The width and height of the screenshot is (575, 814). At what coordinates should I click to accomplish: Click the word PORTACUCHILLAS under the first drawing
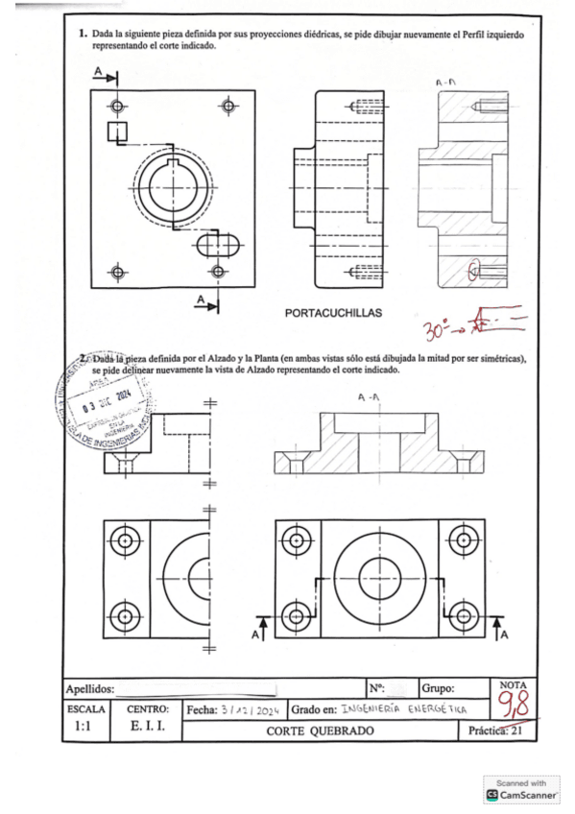333,313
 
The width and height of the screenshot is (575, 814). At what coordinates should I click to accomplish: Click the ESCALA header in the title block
84,708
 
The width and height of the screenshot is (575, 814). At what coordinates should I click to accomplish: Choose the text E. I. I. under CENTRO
147,729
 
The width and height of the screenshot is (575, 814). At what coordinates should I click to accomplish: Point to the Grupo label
443,688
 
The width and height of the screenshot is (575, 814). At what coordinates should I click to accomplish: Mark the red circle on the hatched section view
472,272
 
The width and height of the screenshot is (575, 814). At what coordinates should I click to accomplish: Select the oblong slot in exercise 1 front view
220,245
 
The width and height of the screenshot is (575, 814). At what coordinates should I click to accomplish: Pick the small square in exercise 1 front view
117,132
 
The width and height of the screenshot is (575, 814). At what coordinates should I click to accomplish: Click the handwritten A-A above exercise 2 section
367,395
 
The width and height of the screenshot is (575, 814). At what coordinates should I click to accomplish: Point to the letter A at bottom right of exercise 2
504,634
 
